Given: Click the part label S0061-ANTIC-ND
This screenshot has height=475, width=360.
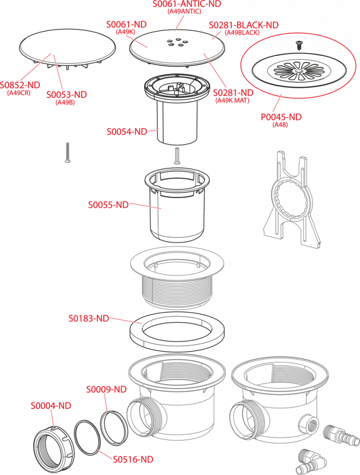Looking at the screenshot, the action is (x=187, y=4).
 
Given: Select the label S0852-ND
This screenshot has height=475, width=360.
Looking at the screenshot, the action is (x=20, y=85).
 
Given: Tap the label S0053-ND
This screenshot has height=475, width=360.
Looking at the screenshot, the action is (x=67, y=95).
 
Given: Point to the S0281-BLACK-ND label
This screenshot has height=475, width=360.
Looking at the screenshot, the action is (x=243, y=25).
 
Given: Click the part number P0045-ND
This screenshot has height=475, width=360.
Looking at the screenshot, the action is (x=281, y=117).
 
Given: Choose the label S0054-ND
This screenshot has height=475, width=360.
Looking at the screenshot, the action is (x=127, y=131).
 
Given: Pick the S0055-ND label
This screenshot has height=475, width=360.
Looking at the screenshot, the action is (x=108, y=205).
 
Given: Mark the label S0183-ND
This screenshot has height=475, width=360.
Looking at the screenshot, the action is (x=89, y=318).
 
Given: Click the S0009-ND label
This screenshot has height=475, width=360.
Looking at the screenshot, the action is (x=106, y=389).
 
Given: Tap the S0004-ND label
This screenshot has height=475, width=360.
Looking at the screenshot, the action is (x=51, y=405).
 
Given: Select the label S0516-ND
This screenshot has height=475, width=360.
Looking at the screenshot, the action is (x=133, y=459).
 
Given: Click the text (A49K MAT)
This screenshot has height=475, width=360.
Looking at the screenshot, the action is (x=233, y=100).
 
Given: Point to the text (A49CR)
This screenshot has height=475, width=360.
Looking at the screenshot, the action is (x=19, y=93).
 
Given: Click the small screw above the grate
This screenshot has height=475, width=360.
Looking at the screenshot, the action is (x=298, y=46).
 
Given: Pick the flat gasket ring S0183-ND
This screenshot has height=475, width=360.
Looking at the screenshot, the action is (x=177, y=332).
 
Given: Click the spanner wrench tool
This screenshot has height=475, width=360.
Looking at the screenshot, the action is (x=292, y=201).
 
